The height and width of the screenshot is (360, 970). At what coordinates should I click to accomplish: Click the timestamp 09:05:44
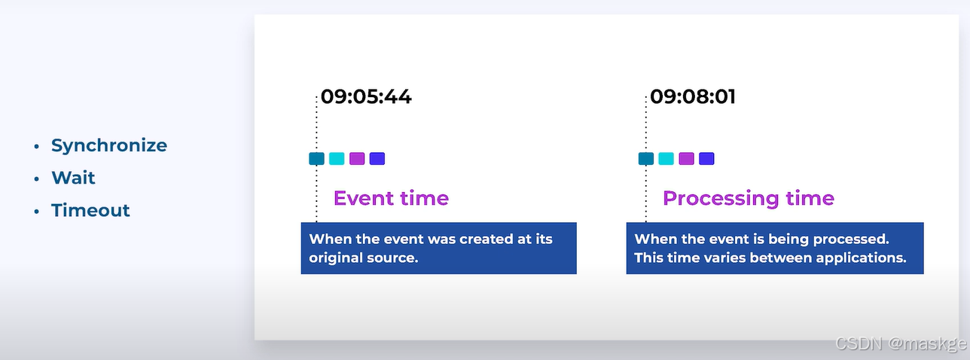(366, 96)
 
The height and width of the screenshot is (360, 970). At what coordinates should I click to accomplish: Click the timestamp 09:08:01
(692, 96)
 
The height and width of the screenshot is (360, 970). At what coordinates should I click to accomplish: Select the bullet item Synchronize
(109, 145)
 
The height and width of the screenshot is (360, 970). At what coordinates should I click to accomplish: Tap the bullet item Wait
(73, 178)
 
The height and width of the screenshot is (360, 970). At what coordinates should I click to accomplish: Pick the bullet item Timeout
(90, 210)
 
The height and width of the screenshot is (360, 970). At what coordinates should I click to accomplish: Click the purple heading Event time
(391, 198)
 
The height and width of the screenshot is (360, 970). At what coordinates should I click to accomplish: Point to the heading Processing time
(749, 198)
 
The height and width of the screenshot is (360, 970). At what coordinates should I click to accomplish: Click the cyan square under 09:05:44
(337, 159)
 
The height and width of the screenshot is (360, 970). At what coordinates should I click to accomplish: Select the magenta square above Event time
(357, 159)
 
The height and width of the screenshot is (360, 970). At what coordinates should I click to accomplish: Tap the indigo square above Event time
(377, 159)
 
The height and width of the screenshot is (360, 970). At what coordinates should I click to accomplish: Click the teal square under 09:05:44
(316, 159)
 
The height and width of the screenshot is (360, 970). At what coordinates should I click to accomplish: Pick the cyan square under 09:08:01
(666, 159)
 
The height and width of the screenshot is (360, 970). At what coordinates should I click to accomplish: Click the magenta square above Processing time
(686, 159)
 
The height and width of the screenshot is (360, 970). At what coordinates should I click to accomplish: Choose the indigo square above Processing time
(706, 159)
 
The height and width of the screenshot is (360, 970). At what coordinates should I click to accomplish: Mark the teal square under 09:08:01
(646, 159)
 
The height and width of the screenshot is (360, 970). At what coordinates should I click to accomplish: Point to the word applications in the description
(861, 258)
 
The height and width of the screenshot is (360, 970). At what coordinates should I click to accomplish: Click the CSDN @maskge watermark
(901, 343)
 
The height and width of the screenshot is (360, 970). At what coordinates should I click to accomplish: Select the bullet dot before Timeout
(37, 212)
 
